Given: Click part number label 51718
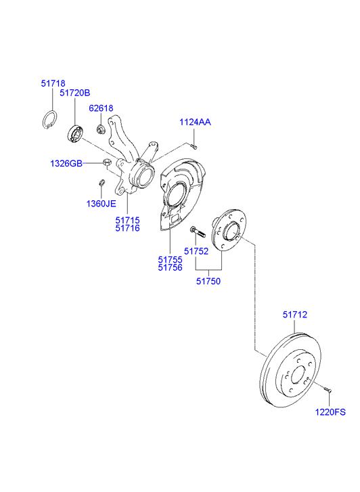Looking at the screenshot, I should [x=53, y=83].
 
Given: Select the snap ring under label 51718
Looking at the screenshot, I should [x=47, y=118].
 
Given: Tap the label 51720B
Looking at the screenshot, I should [x=74, y=93].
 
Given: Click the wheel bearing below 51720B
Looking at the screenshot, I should [x=75, y=133].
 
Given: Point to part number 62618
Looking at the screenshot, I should [x=101, y=108].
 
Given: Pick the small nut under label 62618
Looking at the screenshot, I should [x=100, y=129].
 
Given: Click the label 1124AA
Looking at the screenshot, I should [x=195, y=122].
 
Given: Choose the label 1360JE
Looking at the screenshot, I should [x=101, y=203].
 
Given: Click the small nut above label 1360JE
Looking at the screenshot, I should [x=101, y=182].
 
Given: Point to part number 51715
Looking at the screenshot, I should [x=127, y=220].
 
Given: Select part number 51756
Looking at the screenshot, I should [x=170, y=267].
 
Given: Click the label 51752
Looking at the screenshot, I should [x=196, y=250].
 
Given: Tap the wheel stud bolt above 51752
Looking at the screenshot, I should [x=194, y=231].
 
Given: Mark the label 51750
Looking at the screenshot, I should [x=208, y=280].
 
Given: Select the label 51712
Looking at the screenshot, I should [x=295, y=315].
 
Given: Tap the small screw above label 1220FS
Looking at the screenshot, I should [x=326, y=389].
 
